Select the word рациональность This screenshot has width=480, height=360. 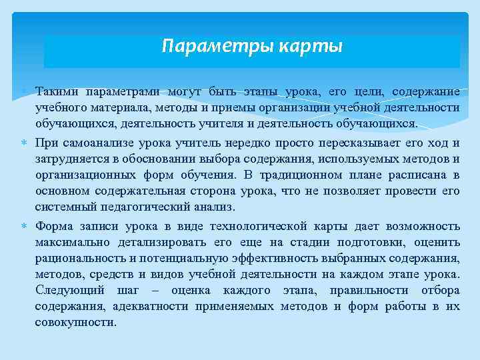[79, 258]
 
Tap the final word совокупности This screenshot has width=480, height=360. [75, 323]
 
